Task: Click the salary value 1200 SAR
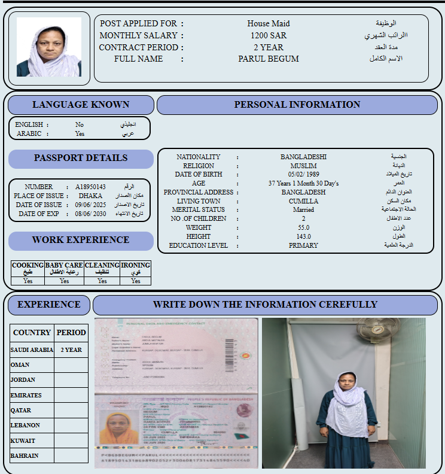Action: click(x=269, y=35)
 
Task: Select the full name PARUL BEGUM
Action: click(x=269, y=59)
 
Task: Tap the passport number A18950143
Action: click(x=90, y=187)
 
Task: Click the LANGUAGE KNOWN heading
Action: click(x=81, y=105)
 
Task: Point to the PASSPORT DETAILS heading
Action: click(x=81, y=158)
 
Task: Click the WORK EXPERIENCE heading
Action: click(x=81, y=240)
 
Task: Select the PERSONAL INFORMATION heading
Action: click(x=297, y=105)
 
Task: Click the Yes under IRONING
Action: click(x=136, y=281)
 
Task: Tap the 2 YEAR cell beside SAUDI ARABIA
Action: click(x=71, y=350)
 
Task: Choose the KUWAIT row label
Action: click(x=23, y=440)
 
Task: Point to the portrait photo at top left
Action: click(x=49, y=47)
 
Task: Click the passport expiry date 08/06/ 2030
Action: click(x=91, y=214)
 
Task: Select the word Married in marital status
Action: click(x=303, y=210)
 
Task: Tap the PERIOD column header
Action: click(x=71, y=332)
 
